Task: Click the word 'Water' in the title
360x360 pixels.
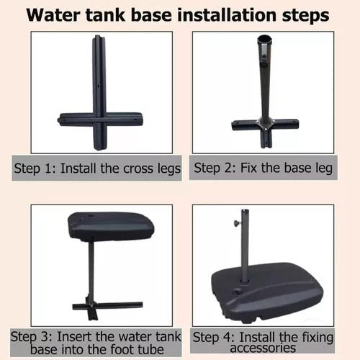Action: (x=53, y=15)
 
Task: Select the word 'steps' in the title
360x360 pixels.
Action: (x=305, y=16)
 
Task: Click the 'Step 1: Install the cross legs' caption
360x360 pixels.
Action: (x=97, y=168)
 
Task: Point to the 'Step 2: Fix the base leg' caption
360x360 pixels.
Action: (x=263, y=168)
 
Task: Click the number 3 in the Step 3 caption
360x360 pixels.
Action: (x=45, y=337)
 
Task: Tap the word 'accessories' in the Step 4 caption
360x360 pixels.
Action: (x=263, y=348)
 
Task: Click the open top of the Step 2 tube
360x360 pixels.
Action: (x=264, y=39)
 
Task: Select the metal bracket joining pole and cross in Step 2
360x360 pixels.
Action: (x=265, y=123)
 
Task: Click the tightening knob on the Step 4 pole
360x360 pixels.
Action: (x=238, y=223)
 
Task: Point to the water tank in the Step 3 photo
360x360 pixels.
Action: (x=111, y=228)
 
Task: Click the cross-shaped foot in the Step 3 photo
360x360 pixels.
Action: (x=107, y=308)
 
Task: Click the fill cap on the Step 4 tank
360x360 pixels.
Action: (x=238, y=291)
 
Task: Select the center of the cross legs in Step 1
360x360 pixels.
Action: (x=100, y=119)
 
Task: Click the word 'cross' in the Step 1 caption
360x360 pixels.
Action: (x=138, y=168)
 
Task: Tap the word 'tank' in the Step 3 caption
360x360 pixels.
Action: (x=168, y=336)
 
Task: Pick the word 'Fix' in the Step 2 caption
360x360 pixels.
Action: (x=249, y=168)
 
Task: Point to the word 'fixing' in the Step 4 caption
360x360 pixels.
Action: (x=318, y=338)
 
